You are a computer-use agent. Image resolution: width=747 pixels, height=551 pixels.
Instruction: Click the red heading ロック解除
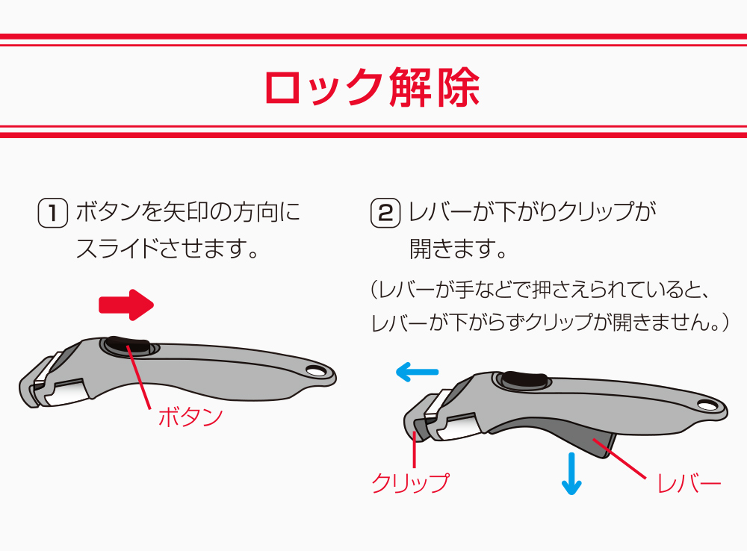coord(372,87)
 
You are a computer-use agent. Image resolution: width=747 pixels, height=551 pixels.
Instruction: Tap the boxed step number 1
coord(52,213)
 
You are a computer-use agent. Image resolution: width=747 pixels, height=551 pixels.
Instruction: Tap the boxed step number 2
coord(385,213)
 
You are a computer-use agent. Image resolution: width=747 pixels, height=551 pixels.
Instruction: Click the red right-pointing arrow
coord(126,305)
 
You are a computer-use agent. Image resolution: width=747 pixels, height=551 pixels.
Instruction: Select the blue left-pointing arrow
coord(418,372)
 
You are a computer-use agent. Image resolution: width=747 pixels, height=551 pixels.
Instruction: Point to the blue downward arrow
coord(571,473)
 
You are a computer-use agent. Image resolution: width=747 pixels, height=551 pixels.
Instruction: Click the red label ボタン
coord(190,417)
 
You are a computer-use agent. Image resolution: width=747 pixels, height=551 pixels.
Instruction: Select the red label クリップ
coord(409,483)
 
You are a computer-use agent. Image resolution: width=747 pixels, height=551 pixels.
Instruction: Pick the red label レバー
coord(689,484)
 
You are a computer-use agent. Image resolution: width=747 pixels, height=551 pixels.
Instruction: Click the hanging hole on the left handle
coord(315,371)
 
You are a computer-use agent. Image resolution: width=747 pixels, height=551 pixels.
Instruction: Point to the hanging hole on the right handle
coord(707,405)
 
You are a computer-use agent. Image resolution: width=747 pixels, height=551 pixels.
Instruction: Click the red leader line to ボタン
coord(138,377)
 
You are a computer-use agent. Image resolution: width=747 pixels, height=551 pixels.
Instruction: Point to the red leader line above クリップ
coord(415,449)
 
